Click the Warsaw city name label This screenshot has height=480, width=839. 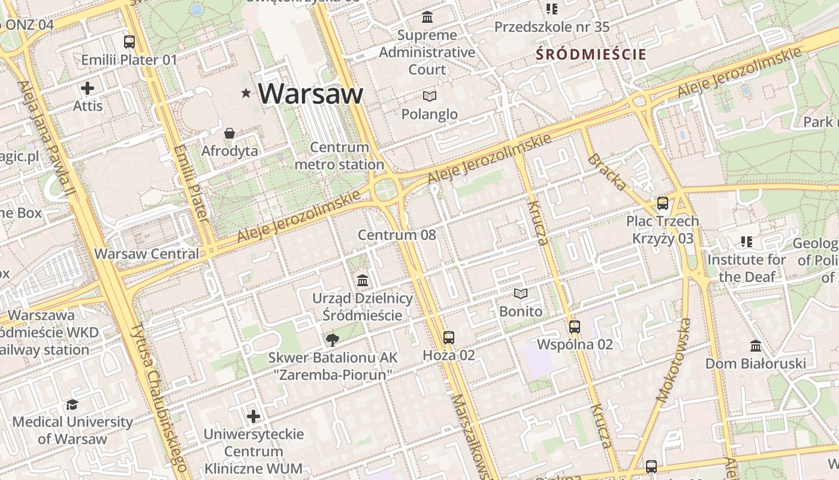[x=311, y=93]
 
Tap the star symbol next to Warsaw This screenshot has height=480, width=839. [x=246, y=93]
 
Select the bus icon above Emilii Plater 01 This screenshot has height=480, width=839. [x=129, y=42]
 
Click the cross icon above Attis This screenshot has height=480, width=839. [x=87, y=89]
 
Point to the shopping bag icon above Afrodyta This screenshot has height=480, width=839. [x=230, y=133]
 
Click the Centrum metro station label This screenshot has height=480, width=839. [x=339, y=156]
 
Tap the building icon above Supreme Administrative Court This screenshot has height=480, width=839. [x=427, y=17]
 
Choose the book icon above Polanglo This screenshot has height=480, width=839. [x=429, y=96]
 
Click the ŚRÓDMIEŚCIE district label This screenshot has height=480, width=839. [x=591, y=55]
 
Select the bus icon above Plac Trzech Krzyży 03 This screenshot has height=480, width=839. [x=662, y=203]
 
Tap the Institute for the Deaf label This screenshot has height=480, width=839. [x=746, y=268]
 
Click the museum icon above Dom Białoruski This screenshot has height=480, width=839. [x=756, y=346]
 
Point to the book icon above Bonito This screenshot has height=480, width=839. [x=521, y=294]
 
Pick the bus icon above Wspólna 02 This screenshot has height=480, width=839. [x=575, y=327]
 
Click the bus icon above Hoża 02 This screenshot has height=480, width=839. [x=449, y=338]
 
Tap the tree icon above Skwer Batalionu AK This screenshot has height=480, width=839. [x=332, y=340]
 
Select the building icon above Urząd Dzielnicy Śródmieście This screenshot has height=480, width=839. [x=363, y=280]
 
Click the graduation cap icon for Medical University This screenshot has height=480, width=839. [x=73, y=404]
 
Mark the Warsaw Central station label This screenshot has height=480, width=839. [x=147, y=253]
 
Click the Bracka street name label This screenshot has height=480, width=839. [x=606, y=172]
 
